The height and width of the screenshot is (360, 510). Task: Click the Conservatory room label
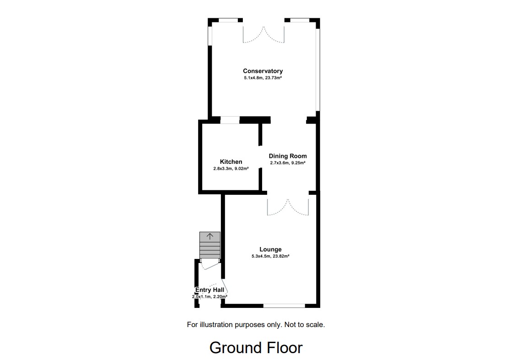[263, 71]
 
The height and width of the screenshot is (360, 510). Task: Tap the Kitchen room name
[231, 161]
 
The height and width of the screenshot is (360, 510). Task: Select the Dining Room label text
[288, 156]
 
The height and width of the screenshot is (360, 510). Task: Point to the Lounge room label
[270, 249]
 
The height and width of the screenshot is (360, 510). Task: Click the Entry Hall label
[209, 290]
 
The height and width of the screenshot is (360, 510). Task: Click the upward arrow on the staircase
[210, 236]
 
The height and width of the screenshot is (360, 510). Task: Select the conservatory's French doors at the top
[263, 36]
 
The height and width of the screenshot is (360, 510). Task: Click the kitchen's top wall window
[230, 120]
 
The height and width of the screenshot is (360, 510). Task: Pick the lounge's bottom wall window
[284, 306]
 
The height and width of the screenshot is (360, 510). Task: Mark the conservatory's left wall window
[210, 35]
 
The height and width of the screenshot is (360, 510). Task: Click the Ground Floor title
[256, 348]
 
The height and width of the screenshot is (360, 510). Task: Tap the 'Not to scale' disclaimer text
[304, 325]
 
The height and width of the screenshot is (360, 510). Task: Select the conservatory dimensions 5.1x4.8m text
[253, 78]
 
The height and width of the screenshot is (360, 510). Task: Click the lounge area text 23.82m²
[281, 256]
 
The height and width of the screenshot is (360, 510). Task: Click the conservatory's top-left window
[228, 20]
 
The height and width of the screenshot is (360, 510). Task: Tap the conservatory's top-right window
[300, 20]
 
